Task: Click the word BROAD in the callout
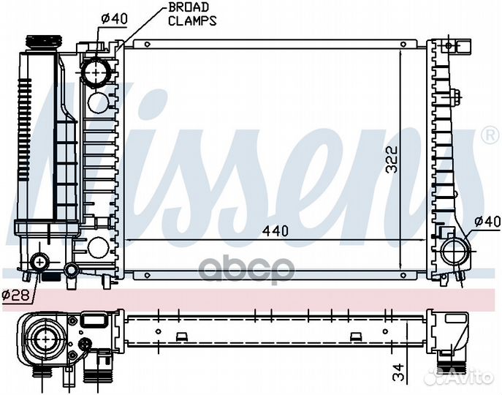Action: click(x=186, y=8)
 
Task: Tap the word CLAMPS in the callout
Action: click(x=192, y=21)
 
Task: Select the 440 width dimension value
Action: click(x=275, y=230)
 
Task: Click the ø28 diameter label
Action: click(x=15, y=294)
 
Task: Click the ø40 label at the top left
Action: click(x=113, y=18)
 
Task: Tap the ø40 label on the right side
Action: click(x=487, y=222)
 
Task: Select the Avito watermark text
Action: click(x=474, y=378)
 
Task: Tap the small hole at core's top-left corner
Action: click(x=146, y=45)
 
